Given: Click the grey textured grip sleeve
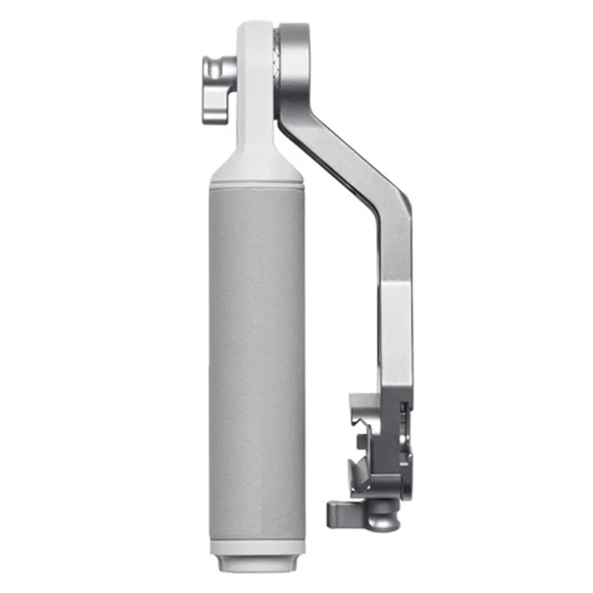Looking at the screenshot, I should [x=256, y=356].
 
